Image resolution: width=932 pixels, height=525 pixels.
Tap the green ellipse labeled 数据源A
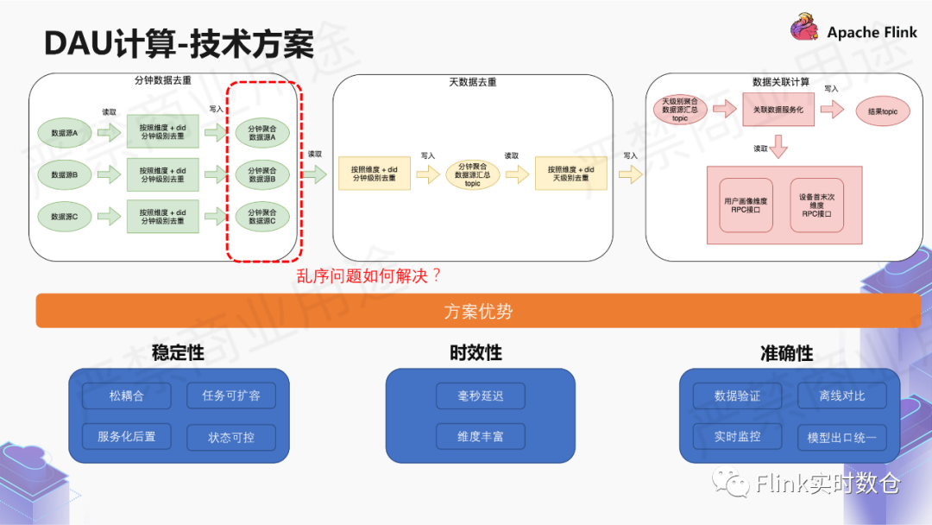pos(65,133)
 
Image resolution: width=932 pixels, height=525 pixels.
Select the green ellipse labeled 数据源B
pos(65,175)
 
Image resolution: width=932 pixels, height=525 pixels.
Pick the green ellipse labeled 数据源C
pos(65,217)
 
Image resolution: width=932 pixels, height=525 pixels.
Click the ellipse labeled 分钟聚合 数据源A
pos(261,132)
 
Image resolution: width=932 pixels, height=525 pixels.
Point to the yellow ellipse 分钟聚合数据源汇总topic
pos(472,174)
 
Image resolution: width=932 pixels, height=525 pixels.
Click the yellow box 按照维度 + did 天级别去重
pos(570,174)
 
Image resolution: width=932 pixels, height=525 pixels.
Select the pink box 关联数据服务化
pos(778,111)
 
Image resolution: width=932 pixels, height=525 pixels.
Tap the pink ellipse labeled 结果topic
pos(882,111)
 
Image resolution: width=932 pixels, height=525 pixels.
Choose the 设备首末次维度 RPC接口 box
pos(816,205)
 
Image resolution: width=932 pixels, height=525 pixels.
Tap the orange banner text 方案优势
pos(478,311)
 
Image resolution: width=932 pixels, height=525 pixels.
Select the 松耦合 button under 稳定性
pos(127,396)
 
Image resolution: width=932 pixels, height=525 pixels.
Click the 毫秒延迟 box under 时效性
pos(480,396)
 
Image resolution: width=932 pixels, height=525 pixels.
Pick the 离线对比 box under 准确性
pos(841,396)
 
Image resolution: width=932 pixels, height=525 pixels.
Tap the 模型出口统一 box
pos(841,437)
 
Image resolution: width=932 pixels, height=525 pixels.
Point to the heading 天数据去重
pos(472,82)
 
